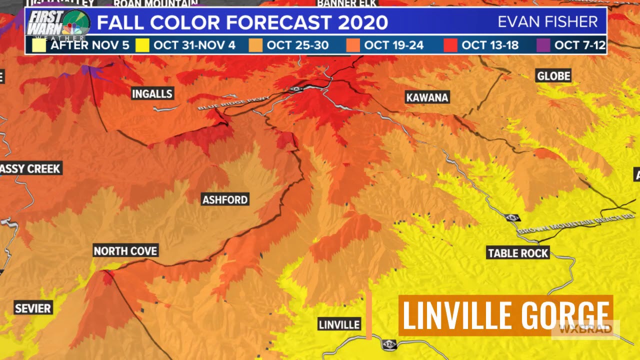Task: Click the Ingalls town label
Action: (152, 93)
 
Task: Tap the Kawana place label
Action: (427, 97)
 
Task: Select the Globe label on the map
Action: (553, 76)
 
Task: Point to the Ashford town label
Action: (225, 200)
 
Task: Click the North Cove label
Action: (125, 251)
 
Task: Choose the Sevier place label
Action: (33, 308)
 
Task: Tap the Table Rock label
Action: (518, 253)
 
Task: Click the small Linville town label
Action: (339, 324)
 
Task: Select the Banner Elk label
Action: (346, 3)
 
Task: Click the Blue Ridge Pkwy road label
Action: (233, 102)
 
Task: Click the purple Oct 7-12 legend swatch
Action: (543, 45)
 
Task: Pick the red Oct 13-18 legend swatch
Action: (450, 45)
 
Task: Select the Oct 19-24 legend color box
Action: (353, 45)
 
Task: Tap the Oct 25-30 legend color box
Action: (255, 45)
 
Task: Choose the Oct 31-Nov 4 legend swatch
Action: (142, 45)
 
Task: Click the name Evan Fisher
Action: (547, 22)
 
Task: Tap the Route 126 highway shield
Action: (389, 344)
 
